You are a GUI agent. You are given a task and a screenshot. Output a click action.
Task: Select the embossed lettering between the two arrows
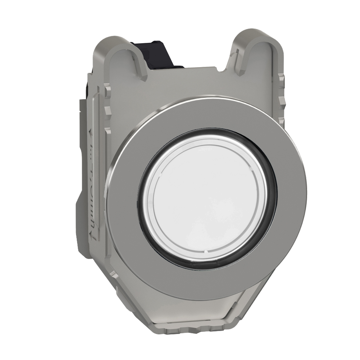[92, 183]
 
